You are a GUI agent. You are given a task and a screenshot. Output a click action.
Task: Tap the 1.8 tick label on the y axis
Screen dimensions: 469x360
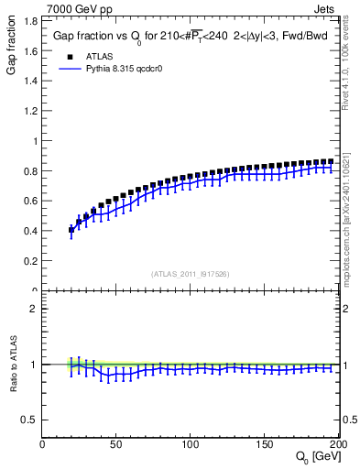(29, 52)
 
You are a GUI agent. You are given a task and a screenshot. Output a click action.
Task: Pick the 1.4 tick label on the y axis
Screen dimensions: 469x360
(29, 112)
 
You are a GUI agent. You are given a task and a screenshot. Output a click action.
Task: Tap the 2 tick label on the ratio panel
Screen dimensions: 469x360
(34, 308)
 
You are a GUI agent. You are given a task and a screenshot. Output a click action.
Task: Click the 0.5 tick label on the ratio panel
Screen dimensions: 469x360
(29, 420)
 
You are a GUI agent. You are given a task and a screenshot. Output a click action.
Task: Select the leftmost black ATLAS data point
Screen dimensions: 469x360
(71, 230)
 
